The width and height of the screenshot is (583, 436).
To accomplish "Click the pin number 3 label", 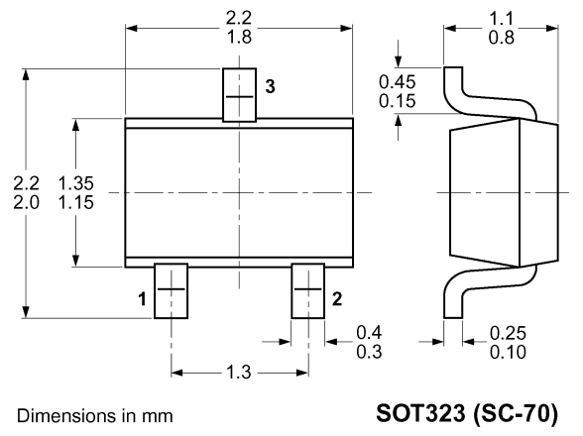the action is coord(270,86).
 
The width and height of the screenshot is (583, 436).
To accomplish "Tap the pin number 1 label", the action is coord(143,299).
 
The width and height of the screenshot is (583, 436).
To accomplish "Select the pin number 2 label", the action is coord(336,299).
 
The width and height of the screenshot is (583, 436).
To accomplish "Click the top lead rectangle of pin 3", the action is coord(240,95).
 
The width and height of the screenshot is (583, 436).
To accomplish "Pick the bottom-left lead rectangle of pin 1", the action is coord(171,291).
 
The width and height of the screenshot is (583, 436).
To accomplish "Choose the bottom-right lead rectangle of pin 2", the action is coord(307,291).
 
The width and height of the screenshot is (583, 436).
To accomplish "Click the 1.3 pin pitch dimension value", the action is coord(239,372).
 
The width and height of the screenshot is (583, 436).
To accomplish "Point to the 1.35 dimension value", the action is coord(76,183).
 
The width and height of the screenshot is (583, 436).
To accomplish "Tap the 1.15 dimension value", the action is coord(76,202).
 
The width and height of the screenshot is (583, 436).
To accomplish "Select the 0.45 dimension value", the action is coord(397,82).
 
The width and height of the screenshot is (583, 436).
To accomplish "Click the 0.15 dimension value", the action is coord(397,101).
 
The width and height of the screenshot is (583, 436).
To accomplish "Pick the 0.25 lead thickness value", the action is coord(508,333).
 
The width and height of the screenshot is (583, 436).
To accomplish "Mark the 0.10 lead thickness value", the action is coord(508,352).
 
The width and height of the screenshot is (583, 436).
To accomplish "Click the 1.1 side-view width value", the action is coord(502,19).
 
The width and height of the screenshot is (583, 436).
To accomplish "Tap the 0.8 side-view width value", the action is coord(502,38).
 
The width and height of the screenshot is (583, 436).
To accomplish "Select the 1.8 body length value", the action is coord(239,37).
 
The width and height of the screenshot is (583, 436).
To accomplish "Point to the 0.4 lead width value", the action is coord(369,332).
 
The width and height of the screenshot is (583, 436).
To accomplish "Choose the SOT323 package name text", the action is coord(420,413).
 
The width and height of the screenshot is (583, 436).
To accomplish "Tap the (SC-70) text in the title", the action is coord(516,413).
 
